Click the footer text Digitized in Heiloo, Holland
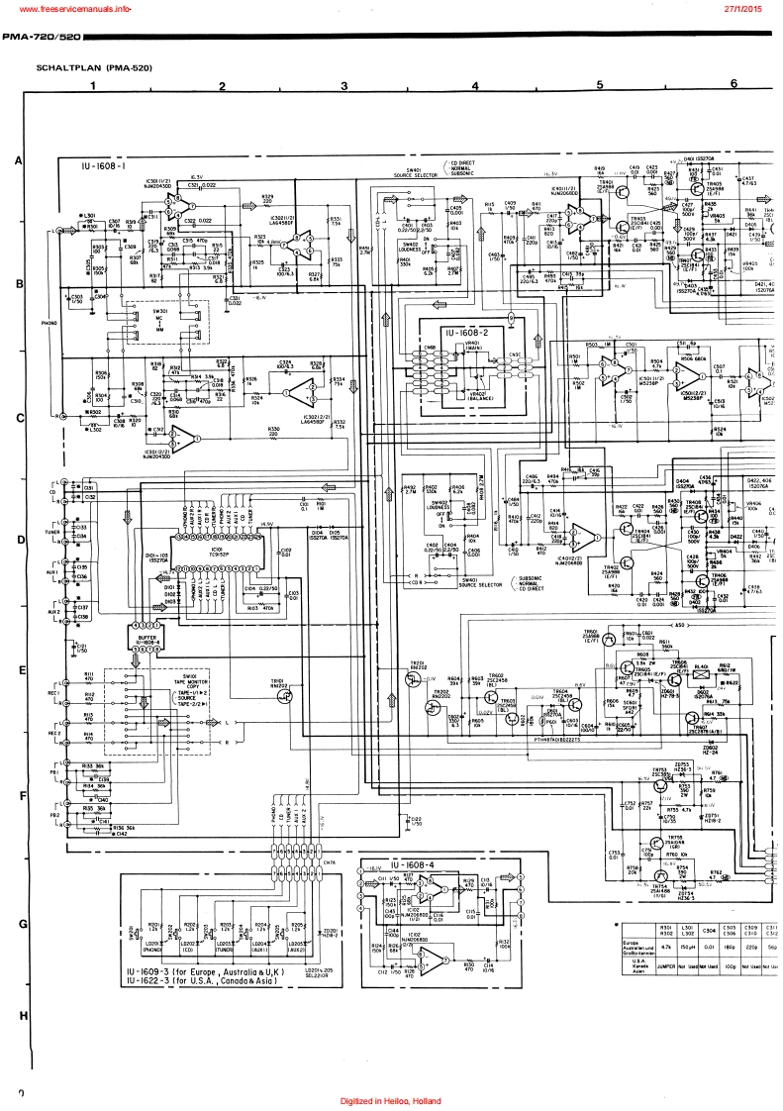click(x=391, y=1101)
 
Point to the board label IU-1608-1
click(x=104, y=167)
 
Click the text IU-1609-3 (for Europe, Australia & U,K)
click(x=206, y=973)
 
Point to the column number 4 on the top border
click(x=474, y=85)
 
